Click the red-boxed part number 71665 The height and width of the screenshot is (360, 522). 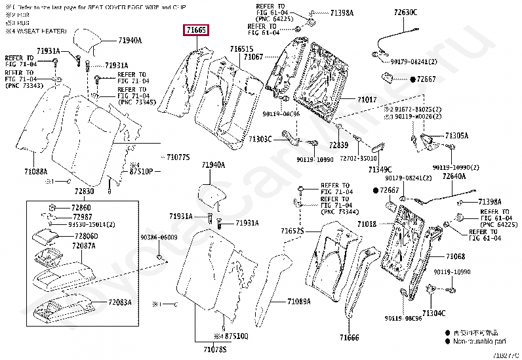(x=196, y=30)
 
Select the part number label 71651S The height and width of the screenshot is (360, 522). (x=241, y=49)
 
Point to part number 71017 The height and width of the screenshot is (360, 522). (x=367, y=100)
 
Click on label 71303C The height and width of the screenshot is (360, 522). (x=260, y=139)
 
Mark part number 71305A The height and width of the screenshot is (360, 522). (x=457, y=136)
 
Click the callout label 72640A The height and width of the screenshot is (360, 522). (x=454, y=176)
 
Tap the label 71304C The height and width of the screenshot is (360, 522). (x=433, y=313)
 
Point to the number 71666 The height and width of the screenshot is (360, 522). (x=350, y=337)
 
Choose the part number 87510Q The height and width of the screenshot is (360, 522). (x=236, y=336)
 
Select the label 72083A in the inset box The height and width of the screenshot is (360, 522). (x=120, y=302)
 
